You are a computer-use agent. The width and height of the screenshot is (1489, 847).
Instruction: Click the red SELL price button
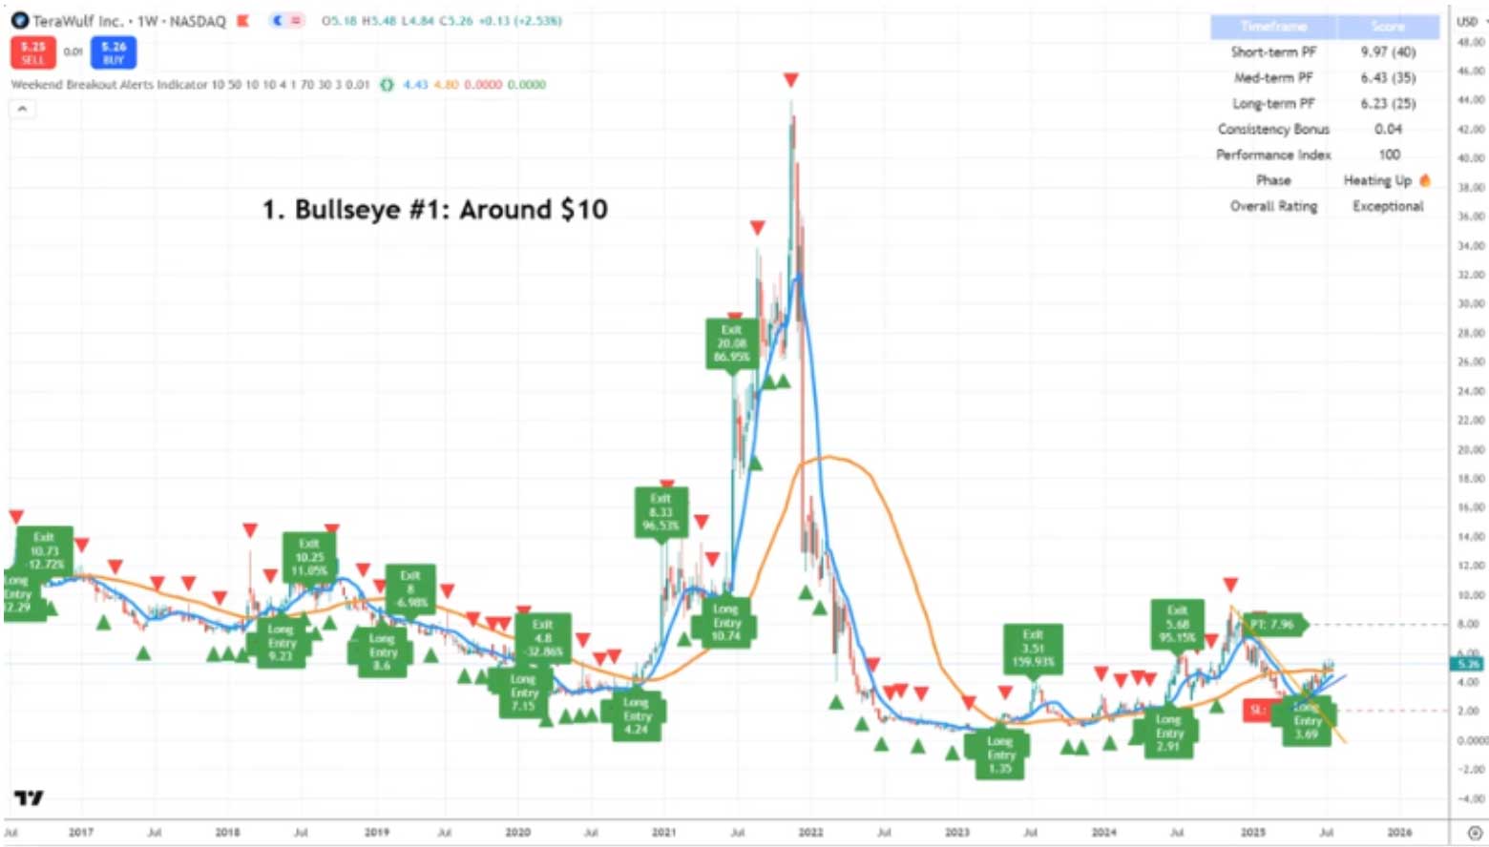click(33, 52)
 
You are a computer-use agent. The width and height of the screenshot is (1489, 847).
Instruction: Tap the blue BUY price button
click(114, 52)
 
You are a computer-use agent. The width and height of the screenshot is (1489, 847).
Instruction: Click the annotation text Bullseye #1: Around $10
click(435, 209)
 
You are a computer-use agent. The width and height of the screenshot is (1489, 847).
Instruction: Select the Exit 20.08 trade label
click(731, 343)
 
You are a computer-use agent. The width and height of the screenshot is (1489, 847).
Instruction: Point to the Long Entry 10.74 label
click(726, 622)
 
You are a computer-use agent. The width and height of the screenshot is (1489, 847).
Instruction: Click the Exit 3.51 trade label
click(1033, 648)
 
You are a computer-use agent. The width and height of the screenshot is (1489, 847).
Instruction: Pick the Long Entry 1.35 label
click(999, 754)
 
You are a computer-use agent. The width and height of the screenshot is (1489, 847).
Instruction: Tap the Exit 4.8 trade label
click(542, 638)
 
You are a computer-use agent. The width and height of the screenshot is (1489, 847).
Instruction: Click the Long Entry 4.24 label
click(637, 716)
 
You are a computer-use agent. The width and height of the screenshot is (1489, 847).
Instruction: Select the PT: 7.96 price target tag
click(1272, 625)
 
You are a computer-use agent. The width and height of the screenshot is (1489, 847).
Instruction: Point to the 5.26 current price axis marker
click(1468, 663)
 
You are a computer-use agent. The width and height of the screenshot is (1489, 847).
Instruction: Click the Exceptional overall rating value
click(1387, 206)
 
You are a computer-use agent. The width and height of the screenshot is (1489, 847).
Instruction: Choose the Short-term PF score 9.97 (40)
click(1388, 52)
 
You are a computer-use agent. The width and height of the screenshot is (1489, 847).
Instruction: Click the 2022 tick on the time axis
click(810, 833)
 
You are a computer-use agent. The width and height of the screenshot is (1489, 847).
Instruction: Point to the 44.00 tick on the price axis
click(1470, 99)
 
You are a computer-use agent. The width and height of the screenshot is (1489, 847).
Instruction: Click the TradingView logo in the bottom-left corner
click(29, 797)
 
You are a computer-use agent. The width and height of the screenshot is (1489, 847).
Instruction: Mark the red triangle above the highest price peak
click(790, 80)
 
